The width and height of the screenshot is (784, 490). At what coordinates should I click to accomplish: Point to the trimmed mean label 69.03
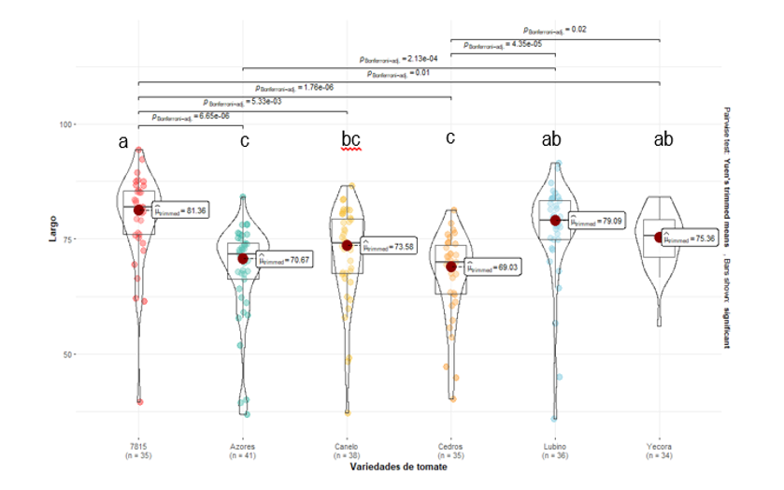[492, 267]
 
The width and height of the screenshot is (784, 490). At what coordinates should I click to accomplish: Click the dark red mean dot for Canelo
[348, 245]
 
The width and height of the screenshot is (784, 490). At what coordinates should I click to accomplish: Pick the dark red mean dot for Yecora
[659, 238]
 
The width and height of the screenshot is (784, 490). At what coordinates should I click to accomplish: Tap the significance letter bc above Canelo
[350, 140]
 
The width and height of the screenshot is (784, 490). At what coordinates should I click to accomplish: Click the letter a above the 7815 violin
[122, 142]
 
